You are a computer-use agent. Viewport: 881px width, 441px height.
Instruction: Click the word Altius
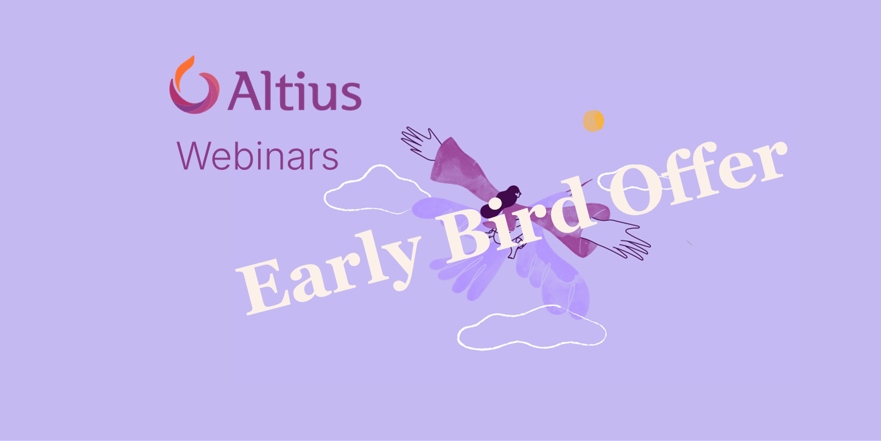[294, 91]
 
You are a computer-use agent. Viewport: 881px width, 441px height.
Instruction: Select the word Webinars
[258, 155]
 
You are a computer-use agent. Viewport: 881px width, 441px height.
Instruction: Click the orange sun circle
[593, 121]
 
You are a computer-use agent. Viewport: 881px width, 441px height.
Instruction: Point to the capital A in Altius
[243, 92]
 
